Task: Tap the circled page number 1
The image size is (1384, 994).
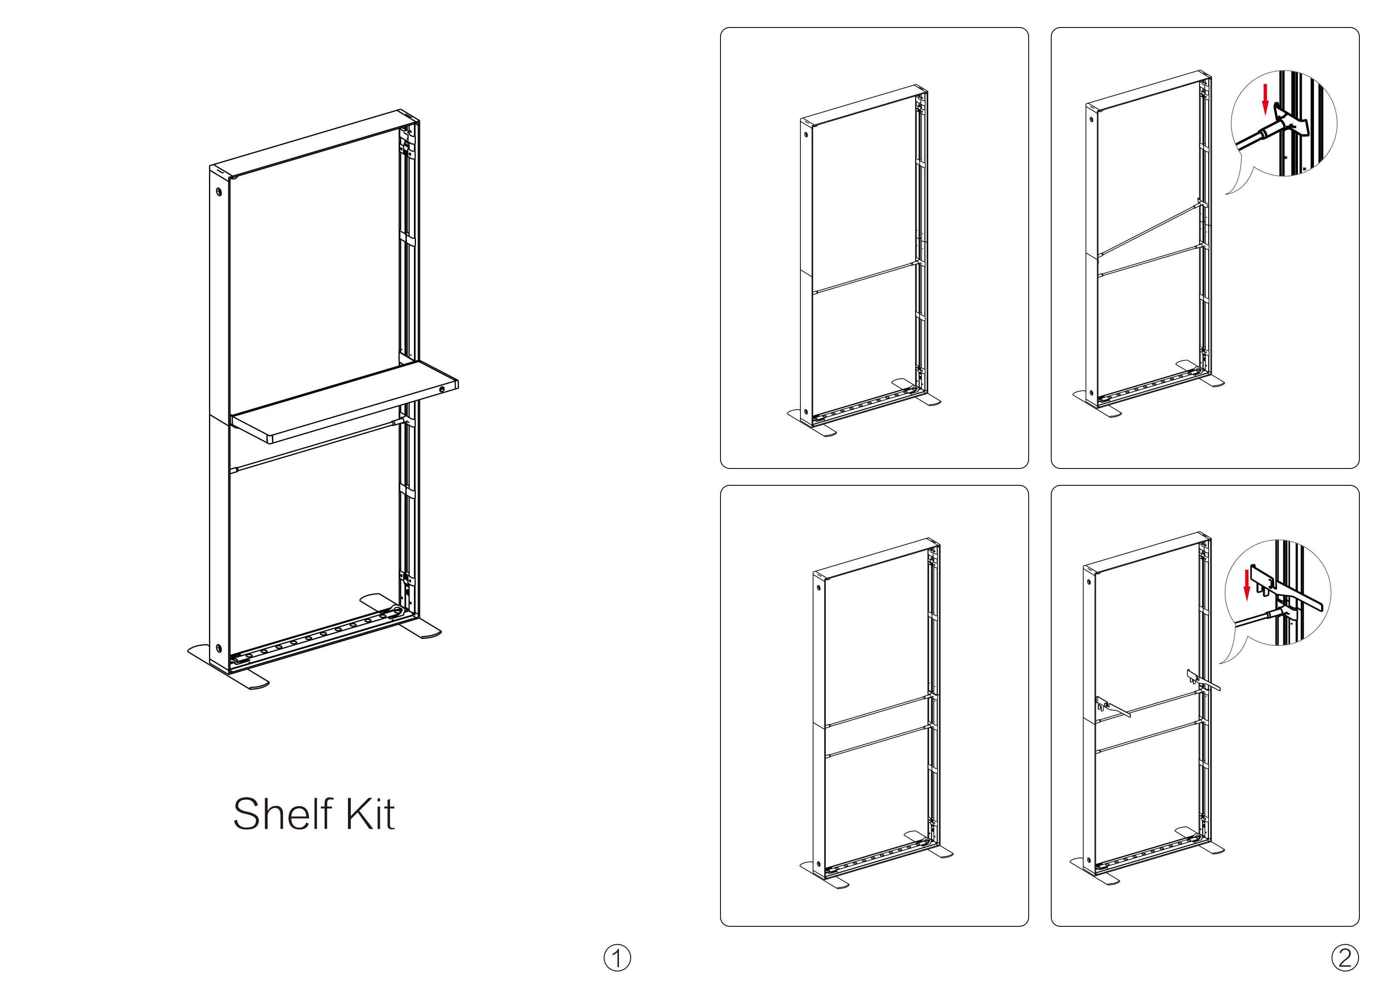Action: click(x=617, y=958)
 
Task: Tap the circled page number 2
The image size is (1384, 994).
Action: click(x=1345, y=958)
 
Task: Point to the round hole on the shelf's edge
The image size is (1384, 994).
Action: click(x=442, y=388)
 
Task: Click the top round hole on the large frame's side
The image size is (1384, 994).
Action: click(x=218, y=191)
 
